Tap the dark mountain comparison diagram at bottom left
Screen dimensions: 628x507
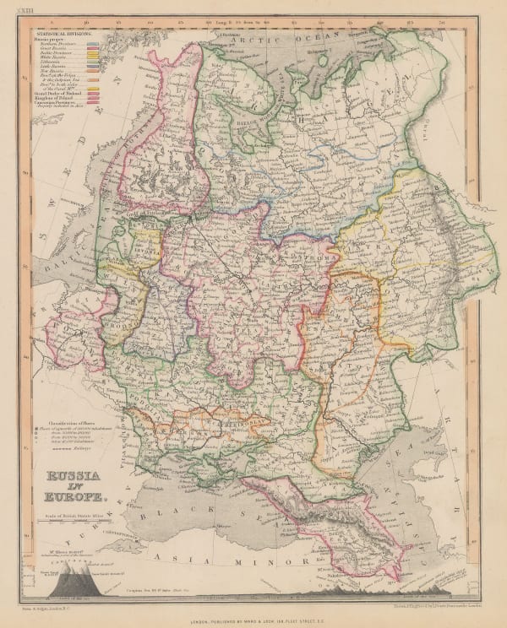point(68,583)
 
